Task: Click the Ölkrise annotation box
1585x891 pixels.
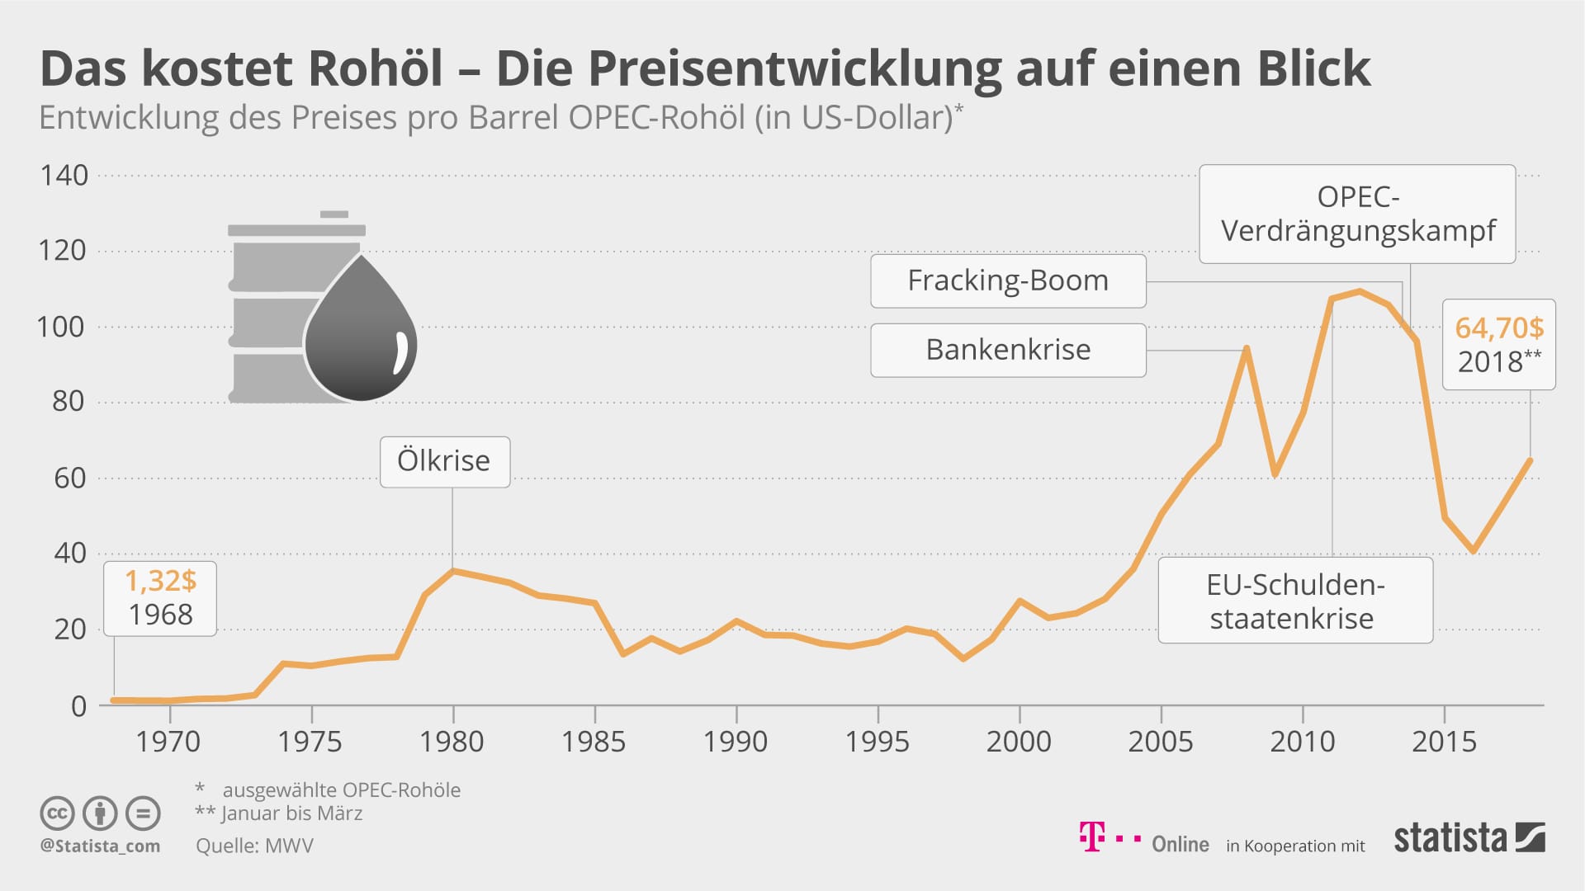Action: coord(444,461)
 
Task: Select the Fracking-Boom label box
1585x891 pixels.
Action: coord(1008,280)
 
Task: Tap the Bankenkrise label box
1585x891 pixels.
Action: coord(1008,350)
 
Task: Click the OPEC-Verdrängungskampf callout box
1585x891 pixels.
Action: coord(1357,214)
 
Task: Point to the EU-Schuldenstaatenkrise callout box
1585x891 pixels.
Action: coord(1294,601)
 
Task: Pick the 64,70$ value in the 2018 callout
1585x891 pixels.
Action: coord(1498,328)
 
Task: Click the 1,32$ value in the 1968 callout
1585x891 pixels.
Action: coord(160,581)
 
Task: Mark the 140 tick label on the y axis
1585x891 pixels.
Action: coord(64,175)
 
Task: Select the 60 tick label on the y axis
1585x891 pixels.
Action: coord(69,478)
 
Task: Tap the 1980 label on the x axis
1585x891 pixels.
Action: coord(452,742)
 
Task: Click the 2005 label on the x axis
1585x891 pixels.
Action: coord(1160,742)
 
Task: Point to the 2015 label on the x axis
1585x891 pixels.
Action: coord(1444,742)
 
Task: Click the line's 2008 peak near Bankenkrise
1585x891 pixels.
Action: coord(1247,348)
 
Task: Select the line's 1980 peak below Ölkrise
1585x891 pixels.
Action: coord(452,570)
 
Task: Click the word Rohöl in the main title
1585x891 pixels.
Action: coord(376,68)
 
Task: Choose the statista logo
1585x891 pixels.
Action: coord(1469,838)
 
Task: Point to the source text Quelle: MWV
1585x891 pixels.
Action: coord(254,846)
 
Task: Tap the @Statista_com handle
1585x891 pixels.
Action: coord(100,846)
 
